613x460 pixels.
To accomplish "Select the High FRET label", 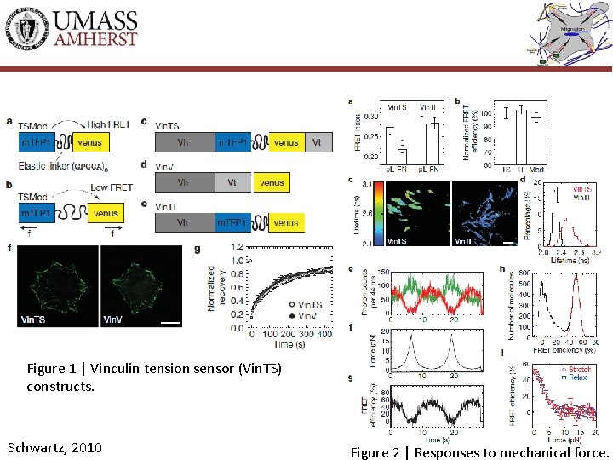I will (x=108, y=124).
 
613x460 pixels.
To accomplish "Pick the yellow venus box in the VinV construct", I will (x=272, y=182).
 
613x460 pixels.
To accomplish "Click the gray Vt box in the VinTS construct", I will (x=316, y=142).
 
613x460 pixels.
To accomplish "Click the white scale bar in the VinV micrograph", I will (x=169, y=322).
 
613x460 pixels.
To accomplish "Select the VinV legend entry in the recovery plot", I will (x=303, y=315).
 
